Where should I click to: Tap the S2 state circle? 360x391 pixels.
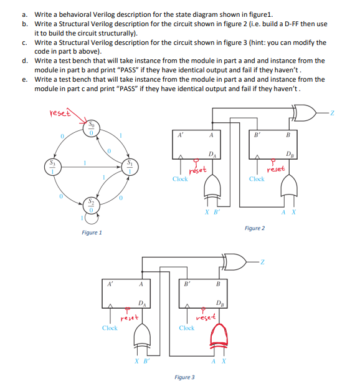coord(91,206)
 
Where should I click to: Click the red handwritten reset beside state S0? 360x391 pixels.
coord(60,113)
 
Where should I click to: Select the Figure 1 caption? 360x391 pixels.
coord(92,233)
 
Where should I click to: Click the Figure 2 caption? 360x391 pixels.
coord(254,228)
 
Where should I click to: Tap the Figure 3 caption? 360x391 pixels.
coord(184,377)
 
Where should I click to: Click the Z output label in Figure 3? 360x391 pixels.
coord(264,261)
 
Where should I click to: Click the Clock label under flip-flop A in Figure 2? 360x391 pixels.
coord(180,179)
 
